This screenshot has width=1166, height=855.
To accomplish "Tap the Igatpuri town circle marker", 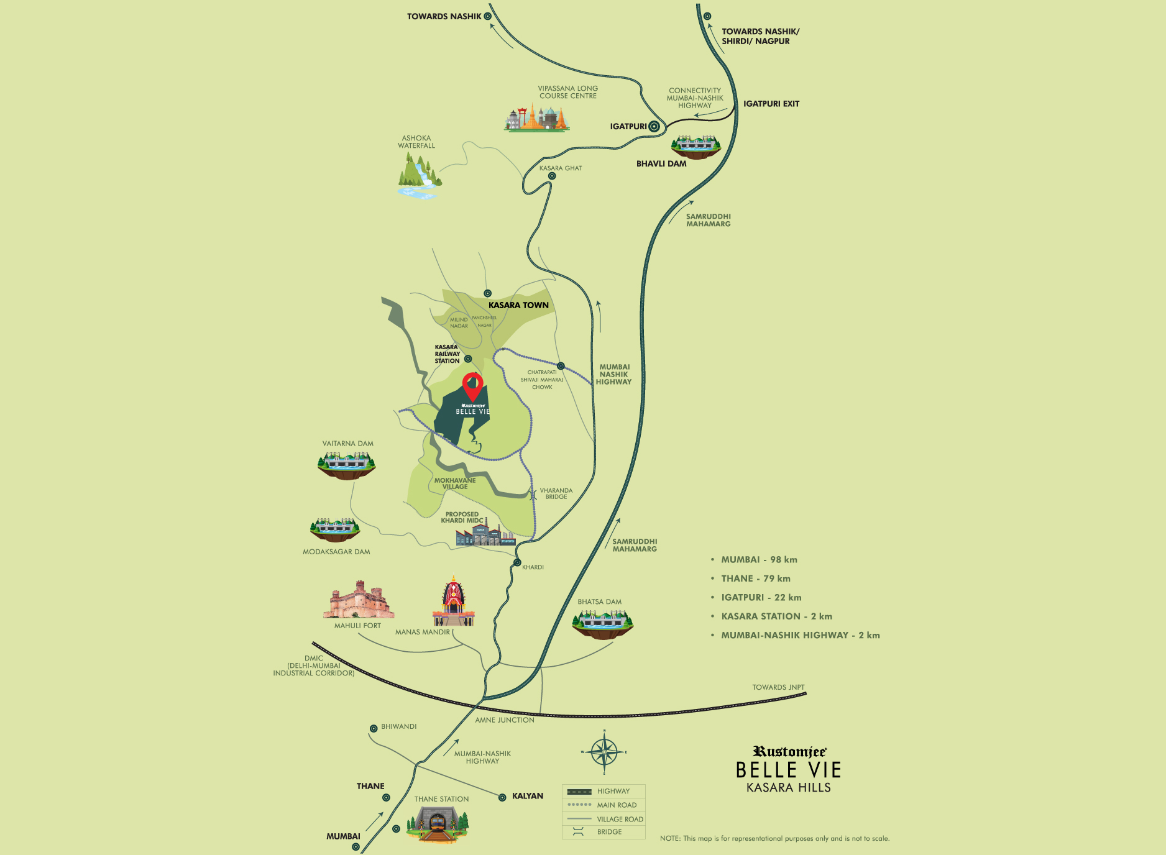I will pyautogui.click(x=654, y=127).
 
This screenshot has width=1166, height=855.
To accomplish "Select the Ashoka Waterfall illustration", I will pyautogui.click(x=420, y=176).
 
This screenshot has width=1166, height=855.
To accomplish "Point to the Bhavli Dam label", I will pyautogui.click(x=661, y=164).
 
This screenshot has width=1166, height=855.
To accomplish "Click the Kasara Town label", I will pyautogui.click(x=518, y=305).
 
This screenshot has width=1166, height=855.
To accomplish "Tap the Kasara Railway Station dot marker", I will pyautogui.click(x=468, y=359).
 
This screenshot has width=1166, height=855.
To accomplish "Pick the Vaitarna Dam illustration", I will pyautogui.click(x=346, y=465).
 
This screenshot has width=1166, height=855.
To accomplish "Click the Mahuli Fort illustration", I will pyautogui.click(x=359, y=600).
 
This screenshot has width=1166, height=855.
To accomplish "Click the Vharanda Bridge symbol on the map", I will pyautogui.click(x=533, y=495).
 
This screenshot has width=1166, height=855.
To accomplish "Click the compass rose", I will pyautogui.click(x=604, y=752).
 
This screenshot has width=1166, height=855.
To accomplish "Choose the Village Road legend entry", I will pyautogui.click(x=604, y=819).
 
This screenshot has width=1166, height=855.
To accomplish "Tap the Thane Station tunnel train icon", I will pyautogui.click(x=437, y=823).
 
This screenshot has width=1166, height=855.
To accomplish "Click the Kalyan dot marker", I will pyautogui.click(x=502, y=797).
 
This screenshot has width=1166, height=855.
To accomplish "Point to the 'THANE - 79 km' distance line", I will pyautogui.click(x=755, y=578).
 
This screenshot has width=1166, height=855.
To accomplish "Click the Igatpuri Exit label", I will pyautogui.click(x=771, y=104).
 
